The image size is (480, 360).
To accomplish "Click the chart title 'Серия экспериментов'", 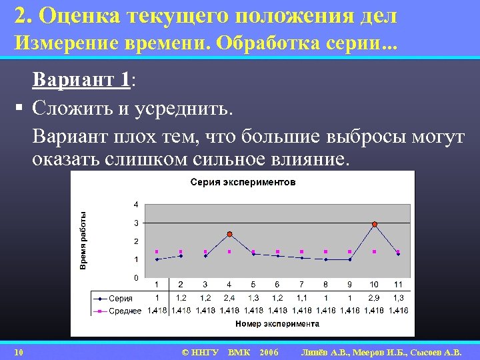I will tap(243, 182).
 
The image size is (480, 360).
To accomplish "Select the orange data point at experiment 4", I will tap(229, 234).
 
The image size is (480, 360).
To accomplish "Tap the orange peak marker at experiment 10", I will tap(375, 225).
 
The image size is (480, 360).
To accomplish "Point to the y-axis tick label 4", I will tap(136, 204).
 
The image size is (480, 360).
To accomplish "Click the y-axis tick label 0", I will tap(136, 277).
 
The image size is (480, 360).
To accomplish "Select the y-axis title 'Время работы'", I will tap(83, 241).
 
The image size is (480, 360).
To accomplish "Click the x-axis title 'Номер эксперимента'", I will tap(277, 324).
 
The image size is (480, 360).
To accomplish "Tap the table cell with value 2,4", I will tap(229, 298).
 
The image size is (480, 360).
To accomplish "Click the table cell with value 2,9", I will tap(374, 298).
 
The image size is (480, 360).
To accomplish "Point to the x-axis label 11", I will tap(398, 285).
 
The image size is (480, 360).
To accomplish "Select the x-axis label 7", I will tap(301, 285).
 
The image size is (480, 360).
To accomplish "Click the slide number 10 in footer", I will tap(19, 352).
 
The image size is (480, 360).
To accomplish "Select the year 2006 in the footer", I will tap(269, 352).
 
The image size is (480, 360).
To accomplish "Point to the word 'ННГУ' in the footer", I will tap(205, 352).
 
